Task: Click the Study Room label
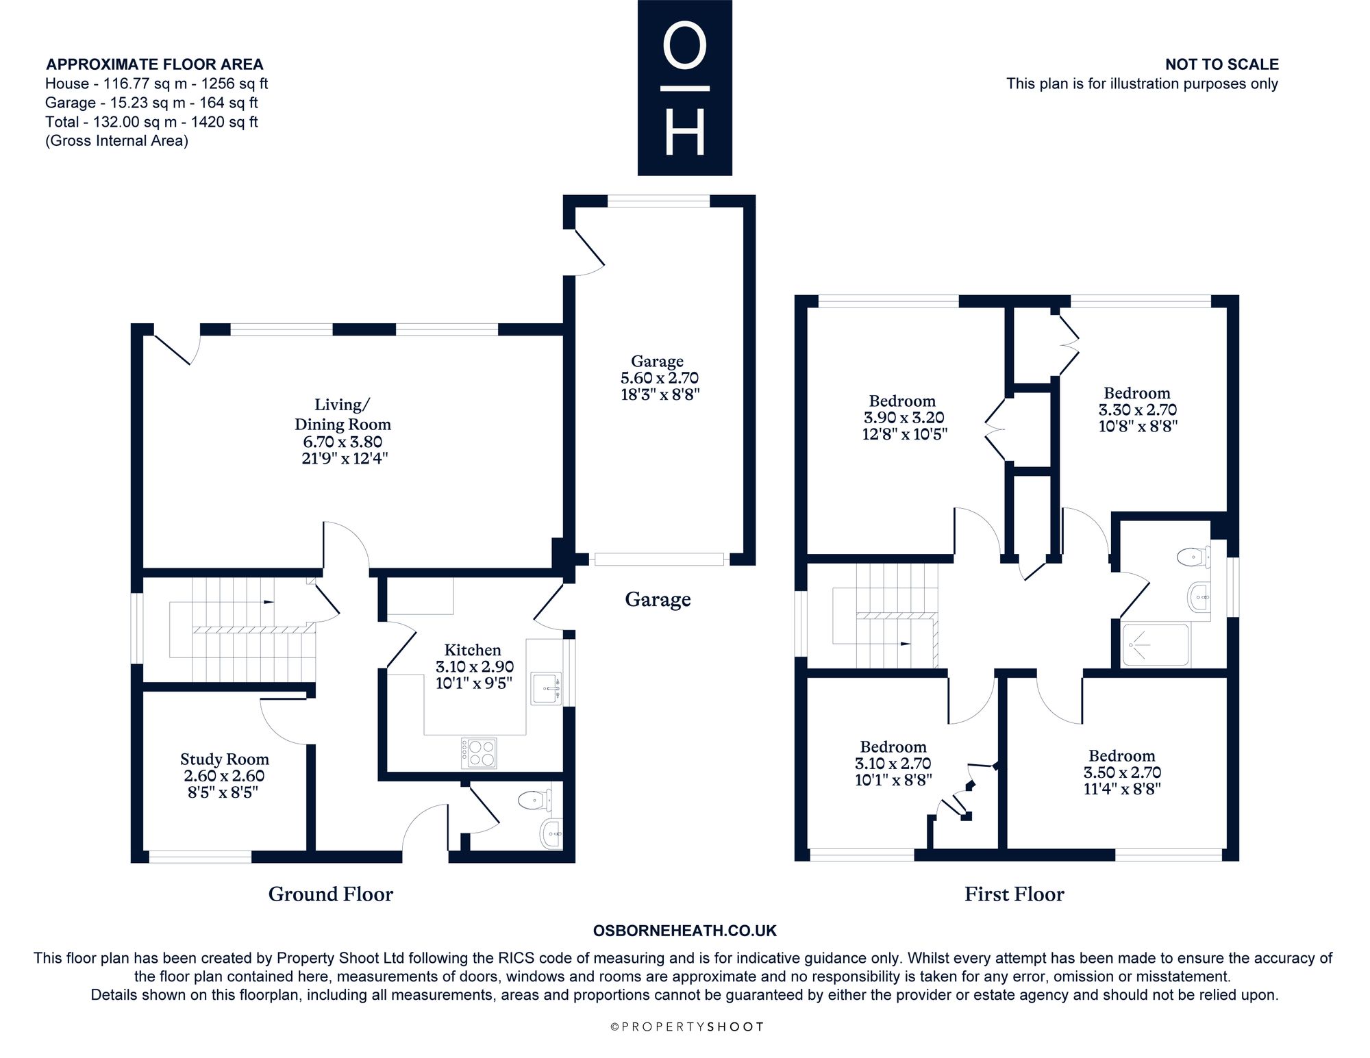(225, 759)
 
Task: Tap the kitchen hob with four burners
(479, 753)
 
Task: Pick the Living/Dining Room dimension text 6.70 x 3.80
(342, 442)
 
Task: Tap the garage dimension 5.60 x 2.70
(659, 377)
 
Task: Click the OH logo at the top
(685, 88)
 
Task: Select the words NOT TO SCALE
(1222, 64)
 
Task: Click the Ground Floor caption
(331, 894)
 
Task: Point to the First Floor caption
(1014, 894)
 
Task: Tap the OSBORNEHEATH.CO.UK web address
(685, 931)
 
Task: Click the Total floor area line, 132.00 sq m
(151, 122)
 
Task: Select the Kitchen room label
(473, 650)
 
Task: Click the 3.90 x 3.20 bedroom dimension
(904, 418)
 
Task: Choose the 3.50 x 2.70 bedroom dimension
(1122, 772)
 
